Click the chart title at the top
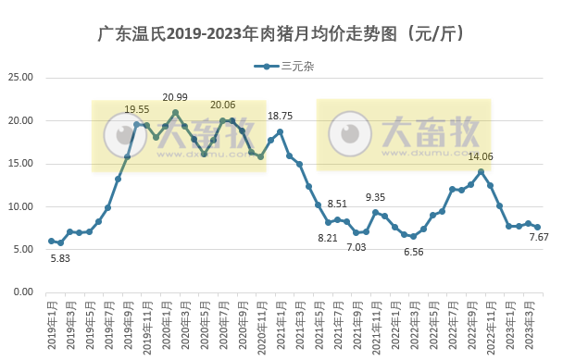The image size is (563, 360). click(x=281, y=34)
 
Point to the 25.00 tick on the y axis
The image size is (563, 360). click(x=22, y=78)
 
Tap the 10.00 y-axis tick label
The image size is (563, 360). click(x=22, y=206)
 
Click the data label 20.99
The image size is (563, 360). click(x=175, y=97)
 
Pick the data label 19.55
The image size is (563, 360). click(x=138, y=109)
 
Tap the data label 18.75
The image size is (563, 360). click(x=280, y=116)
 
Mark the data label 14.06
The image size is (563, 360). click(x=481, y=156)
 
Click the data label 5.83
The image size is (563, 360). click(x=60, y=258)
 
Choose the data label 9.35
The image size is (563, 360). click(x=376, y=197)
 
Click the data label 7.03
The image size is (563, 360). click(x=357, y=247)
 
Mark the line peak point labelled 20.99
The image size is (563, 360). click(x=175, y=113)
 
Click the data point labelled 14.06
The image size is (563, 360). click(x=481, y=171)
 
